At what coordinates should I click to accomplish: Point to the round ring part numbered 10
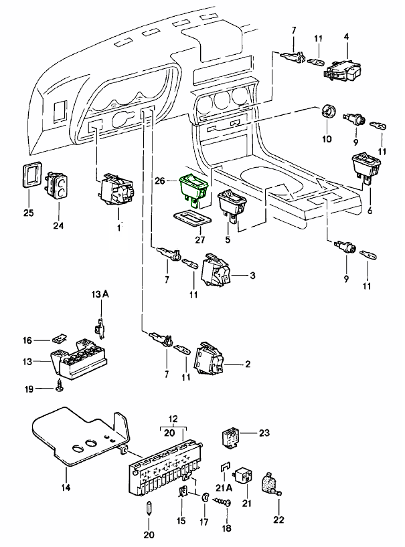tap(328, 112)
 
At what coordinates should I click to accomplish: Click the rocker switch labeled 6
tap(366, 167)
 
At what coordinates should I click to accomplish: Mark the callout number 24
tap(60, 225)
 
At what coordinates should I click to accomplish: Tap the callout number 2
tap(248, 364)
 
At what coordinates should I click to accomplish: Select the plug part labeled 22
tap(272, 483)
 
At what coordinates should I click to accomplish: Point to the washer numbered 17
tap(203, 498)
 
